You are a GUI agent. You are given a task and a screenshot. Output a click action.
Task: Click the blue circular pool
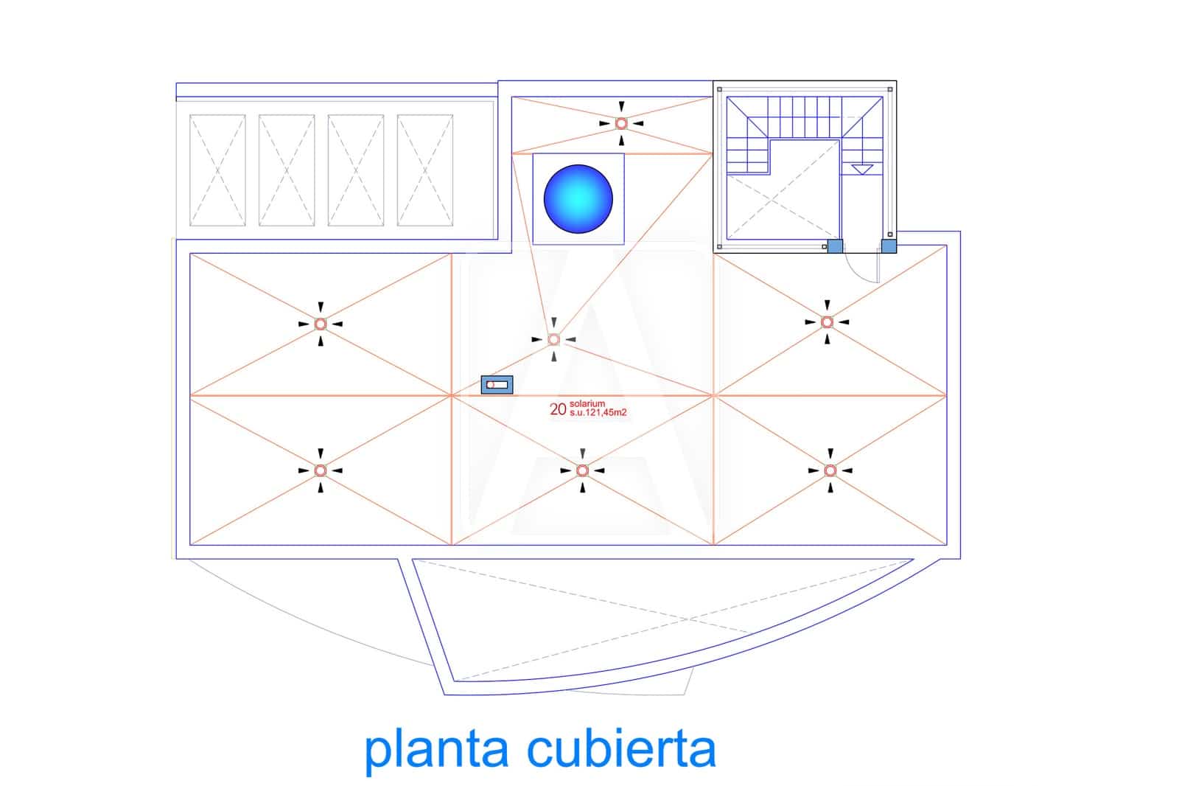point(578,199)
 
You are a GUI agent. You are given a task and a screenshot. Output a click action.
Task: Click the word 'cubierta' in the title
point(621,749)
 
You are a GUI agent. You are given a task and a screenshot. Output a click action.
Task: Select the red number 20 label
point(558,409)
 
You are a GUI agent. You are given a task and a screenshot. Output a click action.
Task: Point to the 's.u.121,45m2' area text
point(598,413)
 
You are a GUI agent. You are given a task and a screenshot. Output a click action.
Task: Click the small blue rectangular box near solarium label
point(497,385)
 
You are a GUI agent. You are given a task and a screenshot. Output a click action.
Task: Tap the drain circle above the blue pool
point(621,123)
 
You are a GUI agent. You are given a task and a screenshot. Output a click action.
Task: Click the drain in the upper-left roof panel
point(321,324)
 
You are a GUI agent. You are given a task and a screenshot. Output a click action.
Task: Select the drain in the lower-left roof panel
point(321,470)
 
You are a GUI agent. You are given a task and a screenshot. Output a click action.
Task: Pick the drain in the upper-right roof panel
point(828,322)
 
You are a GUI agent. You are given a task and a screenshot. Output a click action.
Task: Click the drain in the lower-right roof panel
point(830,470)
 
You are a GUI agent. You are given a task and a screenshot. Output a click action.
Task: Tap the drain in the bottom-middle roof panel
point(582,470)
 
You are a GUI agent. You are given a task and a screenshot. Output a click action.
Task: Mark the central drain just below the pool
point(554,339)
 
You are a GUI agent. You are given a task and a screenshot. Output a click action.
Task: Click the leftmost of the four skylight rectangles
point(217,170)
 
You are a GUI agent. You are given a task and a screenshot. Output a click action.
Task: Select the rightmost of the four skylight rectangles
point(425,170)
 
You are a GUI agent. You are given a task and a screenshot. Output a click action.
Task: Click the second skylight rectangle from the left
point(287,170)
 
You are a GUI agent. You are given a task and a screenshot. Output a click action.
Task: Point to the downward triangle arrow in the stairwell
point(861,170)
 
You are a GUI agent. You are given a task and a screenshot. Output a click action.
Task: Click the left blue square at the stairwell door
point(835,246)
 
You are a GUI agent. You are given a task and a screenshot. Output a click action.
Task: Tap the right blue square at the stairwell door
point(889,246)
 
